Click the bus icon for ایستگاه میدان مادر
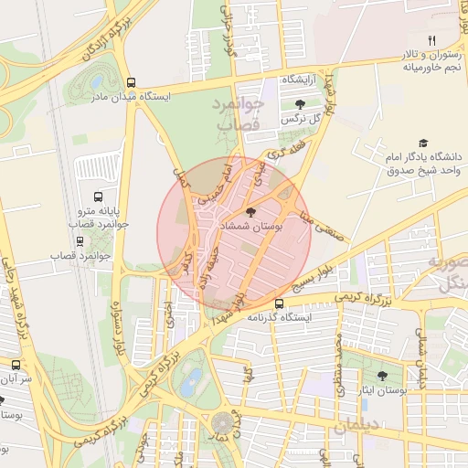pos(133,81)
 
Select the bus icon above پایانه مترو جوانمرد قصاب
pos(98,197)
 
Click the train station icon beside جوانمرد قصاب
pos(80,241)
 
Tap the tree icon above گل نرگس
pos(300,104)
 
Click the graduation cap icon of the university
pos(422,143)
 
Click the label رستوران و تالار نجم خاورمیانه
pos(430,60)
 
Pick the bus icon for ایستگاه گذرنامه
pos(279,303)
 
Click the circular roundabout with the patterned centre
pos(222,423)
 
